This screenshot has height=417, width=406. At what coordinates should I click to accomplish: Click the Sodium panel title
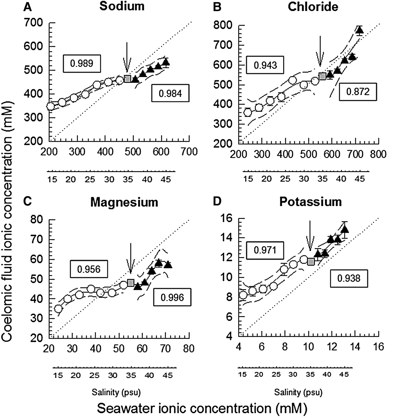tap(122, 7)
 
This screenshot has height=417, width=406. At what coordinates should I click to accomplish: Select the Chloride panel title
tap(313, 7)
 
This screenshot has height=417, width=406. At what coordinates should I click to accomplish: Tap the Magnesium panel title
tap(124, 202)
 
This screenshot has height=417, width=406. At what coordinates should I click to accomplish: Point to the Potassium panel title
tap(310, 202)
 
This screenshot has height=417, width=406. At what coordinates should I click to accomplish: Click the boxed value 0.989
tap(82, 63)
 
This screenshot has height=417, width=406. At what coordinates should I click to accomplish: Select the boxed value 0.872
tap(358, 92)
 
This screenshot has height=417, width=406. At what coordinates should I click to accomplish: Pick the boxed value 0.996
tap(172, 297)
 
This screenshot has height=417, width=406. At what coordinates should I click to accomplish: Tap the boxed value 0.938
tap(349, 278)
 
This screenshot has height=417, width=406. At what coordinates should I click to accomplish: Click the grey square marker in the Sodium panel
tap(127, 79)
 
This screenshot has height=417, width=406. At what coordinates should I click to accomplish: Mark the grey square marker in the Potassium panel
tap(311, 262)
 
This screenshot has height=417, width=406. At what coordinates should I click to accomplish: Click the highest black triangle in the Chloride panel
tap(360, 30)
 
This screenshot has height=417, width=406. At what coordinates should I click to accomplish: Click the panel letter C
tap(27, 201)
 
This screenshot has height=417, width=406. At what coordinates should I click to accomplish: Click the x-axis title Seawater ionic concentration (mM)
tap(202, 408)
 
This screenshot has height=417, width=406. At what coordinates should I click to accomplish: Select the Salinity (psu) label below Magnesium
tap(116, 392)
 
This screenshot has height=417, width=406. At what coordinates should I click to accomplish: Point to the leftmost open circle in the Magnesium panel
tap(58, 309)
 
